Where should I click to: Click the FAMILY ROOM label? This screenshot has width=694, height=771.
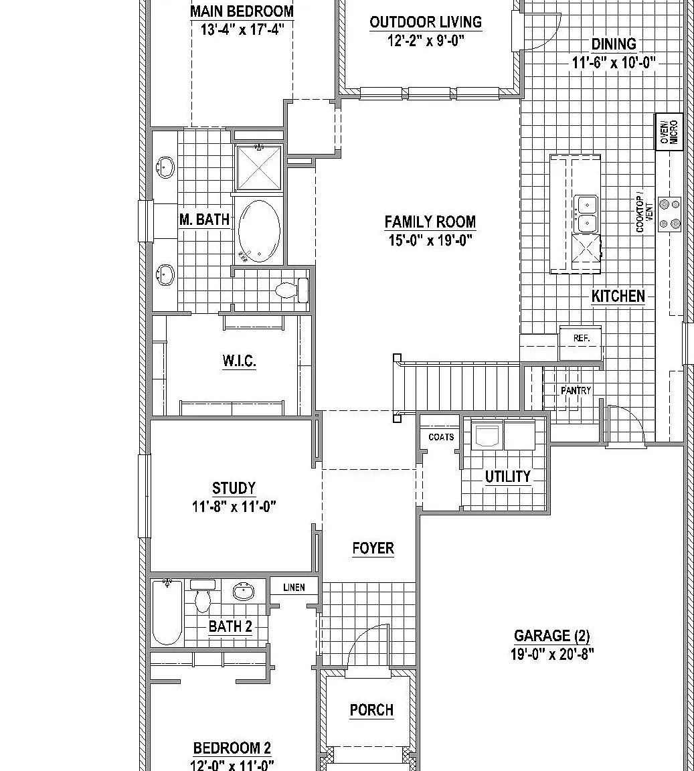coord(430,222)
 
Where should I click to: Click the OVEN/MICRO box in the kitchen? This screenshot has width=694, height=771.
coord(669,131)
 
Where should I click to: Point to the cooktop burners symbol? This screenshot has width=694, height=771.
coord(669,214)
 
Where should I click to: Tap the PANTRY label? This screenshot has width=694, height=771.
coord(576,390)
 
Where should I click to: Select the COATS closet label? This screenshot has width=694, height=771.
coord(441,437)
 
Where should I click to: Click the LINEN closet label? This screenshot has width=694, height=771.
coord(294,587)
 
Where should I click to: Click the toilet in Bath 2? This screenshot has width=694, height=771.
coord(203,596)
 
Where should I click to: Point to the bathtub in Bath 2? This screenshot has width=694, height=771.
coord(167,612)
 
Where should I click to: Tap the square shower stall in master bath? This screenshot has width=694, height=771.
coord(259,168)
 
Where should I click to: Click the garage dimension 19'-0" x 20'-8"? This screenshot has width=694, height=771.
coord(552,655)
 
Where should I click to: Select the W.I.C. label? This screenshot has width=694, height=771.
coord(239,361)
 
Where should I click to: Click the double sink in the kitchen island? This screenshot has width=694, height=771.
coord(586,214)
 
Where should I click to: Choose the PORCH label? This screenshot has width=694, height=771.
coord(371,710)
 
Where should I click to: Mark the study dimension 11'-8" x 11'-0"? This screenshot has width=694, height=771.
coord(234,507)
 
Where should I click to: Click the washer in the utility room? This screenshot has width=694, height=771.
coord(485,434)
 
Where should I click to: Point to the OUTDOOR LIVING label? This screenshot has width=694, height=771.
coord(426,22)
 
